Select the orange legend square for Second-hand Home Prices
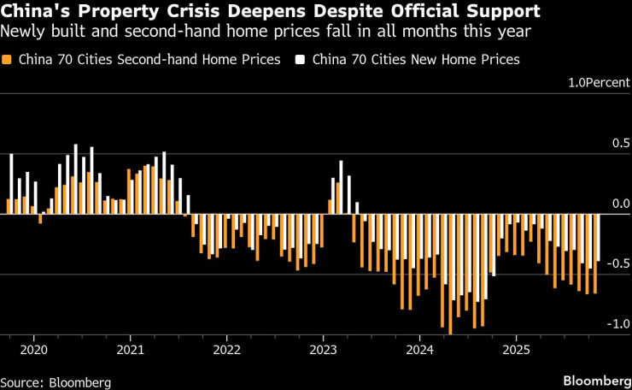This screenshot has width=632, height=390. (9, 60)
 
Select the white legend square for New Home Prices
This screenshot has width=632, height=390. (301, 60)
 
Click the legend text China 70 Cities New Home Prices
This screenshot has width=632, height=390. (416, 60)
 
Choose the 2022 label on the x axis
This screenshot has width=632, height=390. (226, 349)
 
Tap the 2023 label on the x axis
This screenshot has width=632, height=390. (323, 349)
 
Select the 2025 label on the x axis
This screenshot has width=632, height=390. (517, 349)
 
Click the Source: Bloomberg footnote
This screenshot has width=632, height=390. (56, 381)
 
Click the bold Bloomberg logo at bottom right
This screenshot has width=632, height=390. (594, 379)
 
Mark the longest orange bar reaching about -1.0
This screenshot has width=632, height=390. (449, 274)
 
